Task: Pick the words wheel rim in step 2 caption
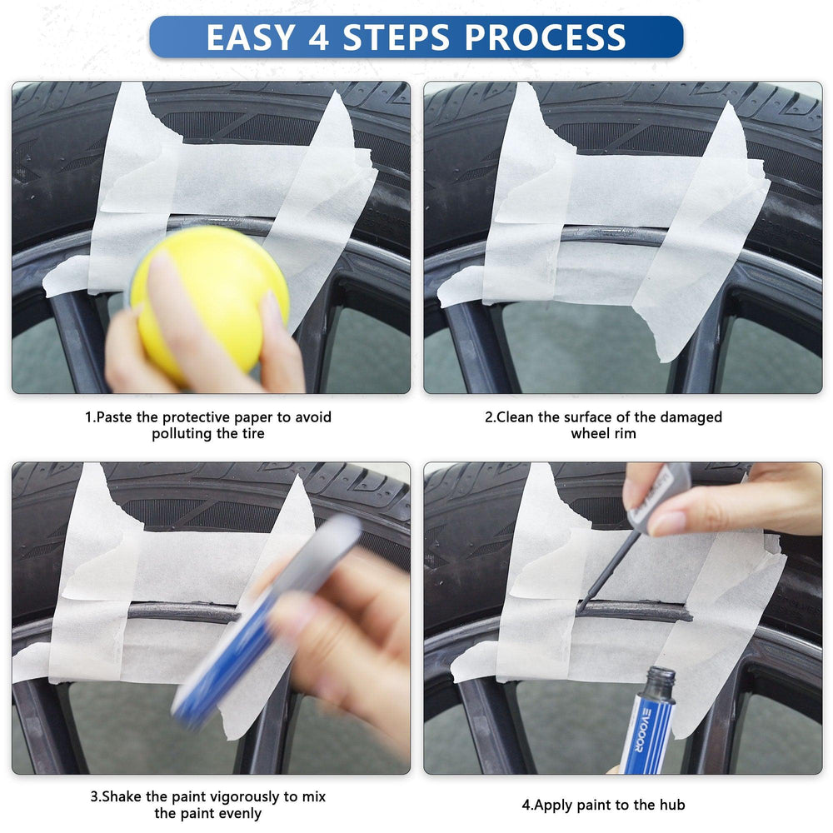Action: (603, 434)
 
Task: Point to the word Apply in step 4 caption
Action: (551, 805)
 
